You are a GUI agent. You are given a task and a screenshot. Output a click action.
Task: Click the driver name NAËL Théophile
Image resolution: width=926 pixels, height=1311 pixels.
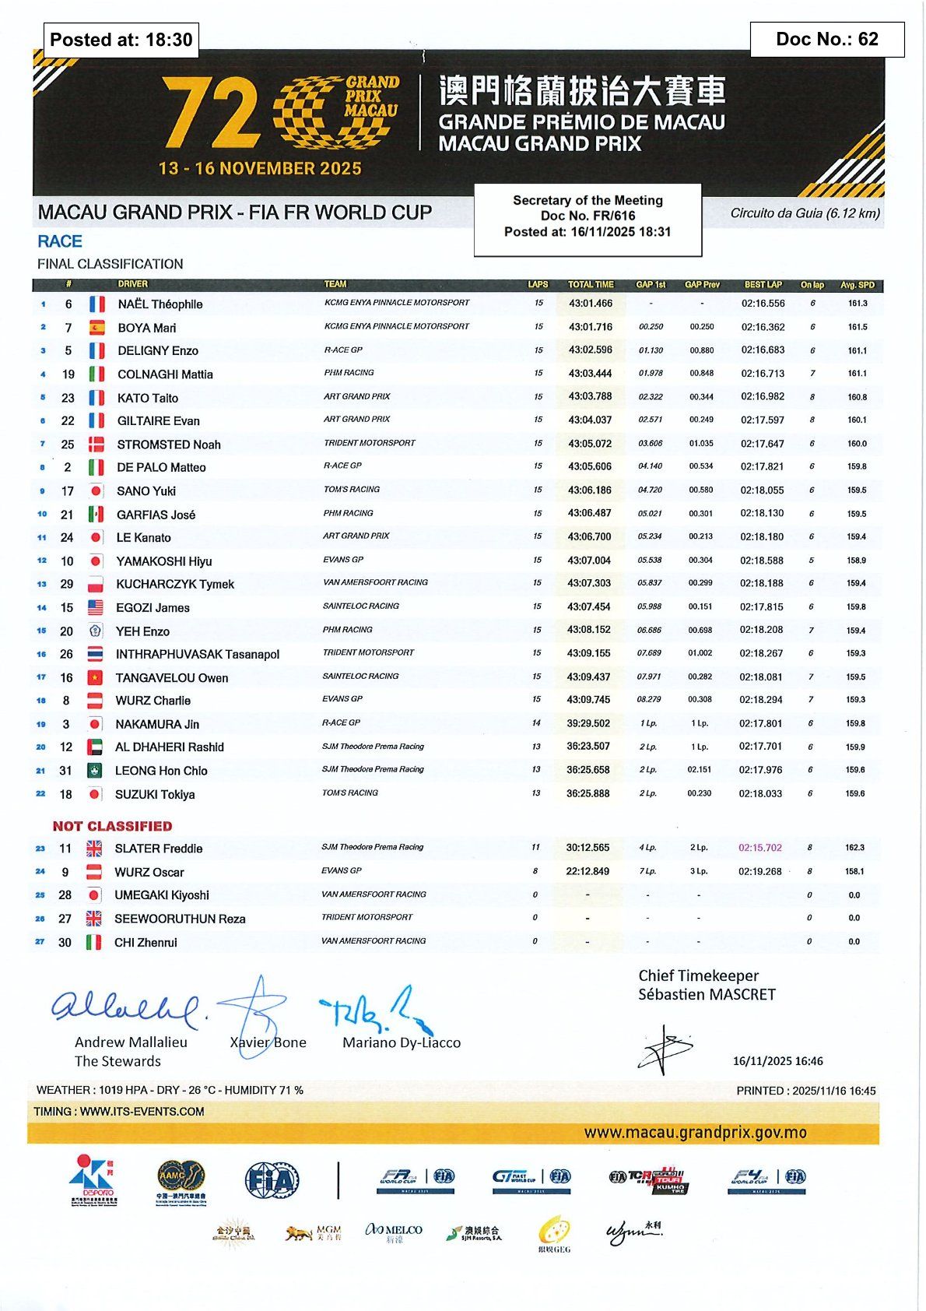pos(160,304)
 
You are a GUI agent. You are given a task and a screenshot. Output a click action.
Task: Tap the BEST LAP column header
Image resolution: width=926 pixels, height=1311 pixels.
pos(763,285)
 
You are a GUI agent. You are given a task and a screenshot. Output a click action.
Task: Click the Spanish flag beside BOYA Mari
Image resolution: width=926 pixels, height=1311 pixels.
pos(96,328)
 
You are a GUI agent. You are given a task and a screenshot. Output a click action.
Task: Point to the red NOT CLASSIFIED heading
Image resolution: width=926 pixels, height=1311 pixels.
pos(113,826)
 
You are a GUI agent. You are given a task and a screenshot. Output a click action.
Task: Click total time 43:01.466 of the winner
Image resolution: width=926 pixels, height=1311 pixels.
pos(590,304)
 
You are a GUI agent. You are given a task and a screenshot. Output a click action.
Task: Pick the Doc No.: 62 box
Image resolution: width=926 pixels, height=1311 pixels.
pos(826,40)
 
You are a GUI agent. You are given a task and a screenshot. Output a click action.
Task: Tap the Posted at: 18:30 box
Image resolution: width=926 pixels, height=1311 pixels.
pos(121,40)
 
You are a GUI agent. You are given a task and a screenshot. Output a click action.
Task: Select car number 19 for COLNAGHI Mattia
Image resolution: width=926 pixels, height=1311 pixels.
pos(68,374)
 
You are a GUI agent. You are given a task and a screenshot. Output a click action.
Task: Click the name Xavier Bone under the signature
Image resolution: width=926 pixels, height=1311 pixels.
pos(268,1042)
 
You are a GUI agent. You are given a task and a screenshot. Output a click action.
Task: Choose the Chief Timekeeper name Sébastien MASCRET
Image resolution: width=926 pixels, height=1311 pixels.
pos(707,994)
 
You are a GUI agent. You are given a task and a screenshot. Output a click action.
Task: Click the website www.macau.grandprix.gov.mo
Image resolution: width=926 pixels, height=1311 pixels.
pos(695,1133)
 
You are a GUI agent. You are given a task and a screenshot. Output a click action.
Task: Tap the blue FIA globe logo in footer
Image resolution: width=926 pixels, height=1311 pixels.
pos(272,1181)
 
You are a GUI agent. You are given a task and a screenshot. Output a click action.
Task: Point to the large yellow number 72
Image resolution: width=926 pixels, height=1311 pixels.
pos(211,114)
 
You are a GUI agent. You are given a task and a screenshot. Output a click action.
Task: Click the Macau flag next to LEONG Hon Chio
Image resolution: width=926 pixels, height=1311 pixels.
pos(94,771)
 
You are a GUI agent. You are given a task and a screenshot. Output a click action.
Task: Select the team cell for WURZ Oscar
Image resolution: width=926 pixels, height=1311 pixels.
pos(342,870)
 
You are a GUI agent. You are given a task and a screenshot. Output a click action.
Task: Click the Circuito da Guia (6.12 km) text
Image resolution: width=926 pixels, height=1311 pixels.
pos(805,213)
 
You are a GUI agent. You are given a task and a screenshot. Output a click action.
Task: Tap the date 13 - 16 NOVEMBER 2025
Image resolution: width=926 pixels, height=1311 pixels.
pos(260,168)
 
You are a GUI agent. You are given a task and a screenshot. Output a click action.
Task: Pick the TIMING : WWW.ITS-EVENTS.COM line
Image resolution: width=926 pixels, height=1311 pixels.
pos(119,1112)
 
